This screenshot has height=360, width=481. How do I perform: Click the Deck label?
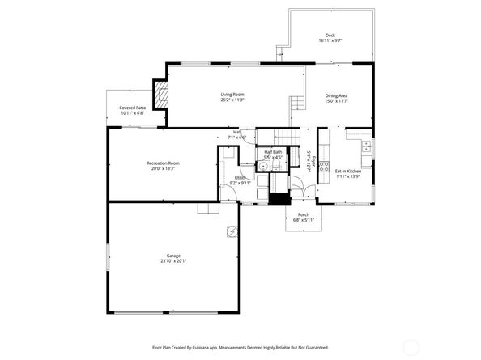(x=330, y=36)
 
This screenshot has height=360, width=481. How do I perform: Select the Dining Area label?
(x=337, y=95)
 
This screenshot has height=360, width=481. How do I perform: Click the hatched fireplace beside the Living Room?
(x=162, y=96)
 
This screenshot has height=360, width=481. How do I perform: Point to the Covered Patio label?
(x=133, y=108)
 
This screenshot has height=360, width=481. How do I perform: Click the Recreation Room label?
(x=163, y=163)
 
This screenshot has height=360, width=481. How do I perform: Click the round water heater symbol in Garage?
(x=232, y=231)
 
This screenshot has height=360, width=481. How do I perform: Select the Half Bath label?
(x=273, y=152)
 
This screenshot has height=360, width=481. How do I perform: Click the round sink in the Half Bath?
(x=262, y=167)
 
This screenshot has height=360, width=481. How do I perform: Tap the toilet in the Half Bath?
(x=276, y=166)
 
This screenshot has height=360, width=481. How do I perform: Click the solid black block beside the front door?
(x=279, y=199)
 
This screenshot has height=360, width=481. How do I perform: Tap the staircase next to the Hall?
(x=279, y=137)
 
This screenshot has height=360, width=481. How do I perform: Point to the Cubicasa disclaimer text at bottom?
(x=240, y=347)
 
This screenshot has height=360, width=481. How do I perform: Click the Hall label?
(x=237, y=132)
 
